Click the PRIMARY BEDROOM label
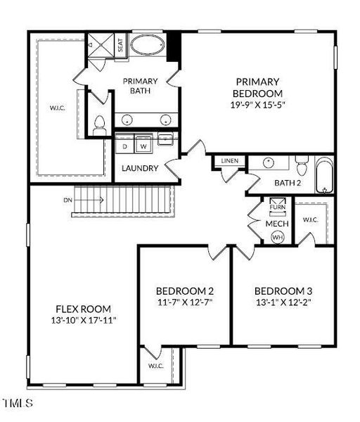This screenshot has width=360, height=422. tap(259, 87)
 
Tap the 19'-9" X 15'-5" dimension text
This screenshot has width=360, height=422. tap(259, 105)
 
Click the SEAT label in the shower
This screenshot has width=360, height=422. tap(121, 45)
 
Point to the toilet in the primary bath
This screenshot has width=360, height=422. tap(98, 124)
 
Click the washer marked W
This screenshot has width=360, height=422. tap(143, 146)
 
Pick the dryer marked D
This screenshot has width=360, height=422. tap(125, 146)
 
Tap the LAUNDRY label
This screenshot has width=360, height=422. tap(139, 169)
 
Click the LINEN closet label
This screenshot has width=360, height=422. tap(230, 161)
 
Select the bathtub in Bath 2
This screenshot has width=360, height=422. tap(325, 176)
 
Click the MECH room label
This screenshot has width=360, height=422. tap(277, 224)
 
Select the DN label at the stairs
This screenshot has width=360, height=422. tap(67, 200)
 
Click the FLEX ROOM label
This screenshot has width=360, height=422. tap(84, 308)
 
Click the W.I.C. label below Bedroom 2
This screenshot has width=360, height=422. tap(155, 366)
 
